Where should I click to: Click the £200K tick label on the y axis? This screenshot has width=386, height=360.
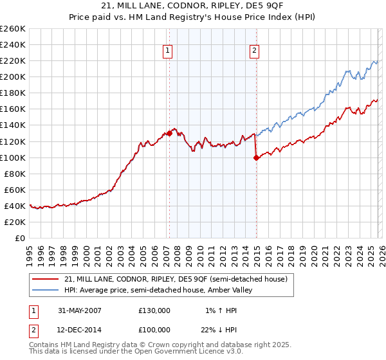click(13, 76)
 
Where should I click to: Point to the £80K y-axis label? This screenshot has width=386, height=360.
click(15, 174)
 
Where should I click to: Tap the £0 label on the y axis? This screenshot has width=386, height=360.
click(20, 238)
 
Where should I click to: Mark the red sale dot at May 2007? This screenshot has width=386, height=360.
click(169, 133)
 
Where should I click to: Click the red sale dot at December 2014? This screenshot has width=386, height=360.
click(257, 157)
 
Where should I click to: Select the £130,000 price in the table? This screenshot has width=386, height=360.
click(154, 310)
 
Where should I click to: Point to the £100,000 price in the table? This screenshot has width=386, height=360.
click(154, 330)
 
